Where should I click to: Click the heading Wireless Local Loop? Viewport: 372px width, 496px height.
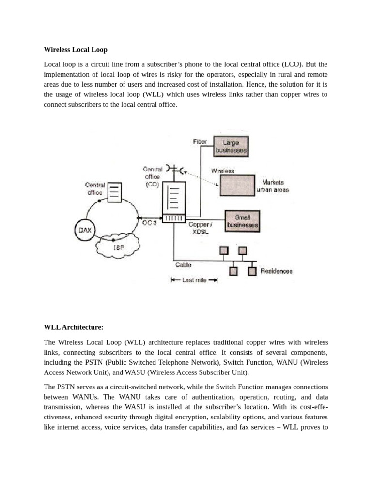coord(75,50)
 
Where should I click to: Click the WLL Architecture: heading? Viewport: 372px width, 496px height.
coord(73,327)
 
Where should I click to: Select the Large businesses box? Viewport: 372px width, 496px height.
coord(231,147)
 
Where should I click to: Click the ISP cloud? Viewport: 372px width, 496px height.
coord(118,247)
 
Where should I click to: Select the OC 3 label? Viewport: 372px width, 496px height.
coord(149,223)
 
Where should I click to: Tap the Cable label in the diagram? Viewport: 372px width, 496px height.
coord(183,265)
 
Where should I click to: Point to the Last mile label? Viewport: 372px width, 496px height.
coord(194,280)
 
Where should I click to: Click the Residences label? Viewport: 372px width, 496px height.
coord(277,271)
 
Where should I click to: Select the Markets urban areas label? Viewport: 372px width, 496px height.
coord(273,186)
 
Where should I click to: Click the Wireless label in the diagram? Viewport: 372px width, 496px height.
coord(223,171)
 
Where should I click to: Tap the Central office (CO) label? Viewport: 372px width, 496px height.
coord(153,177)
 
